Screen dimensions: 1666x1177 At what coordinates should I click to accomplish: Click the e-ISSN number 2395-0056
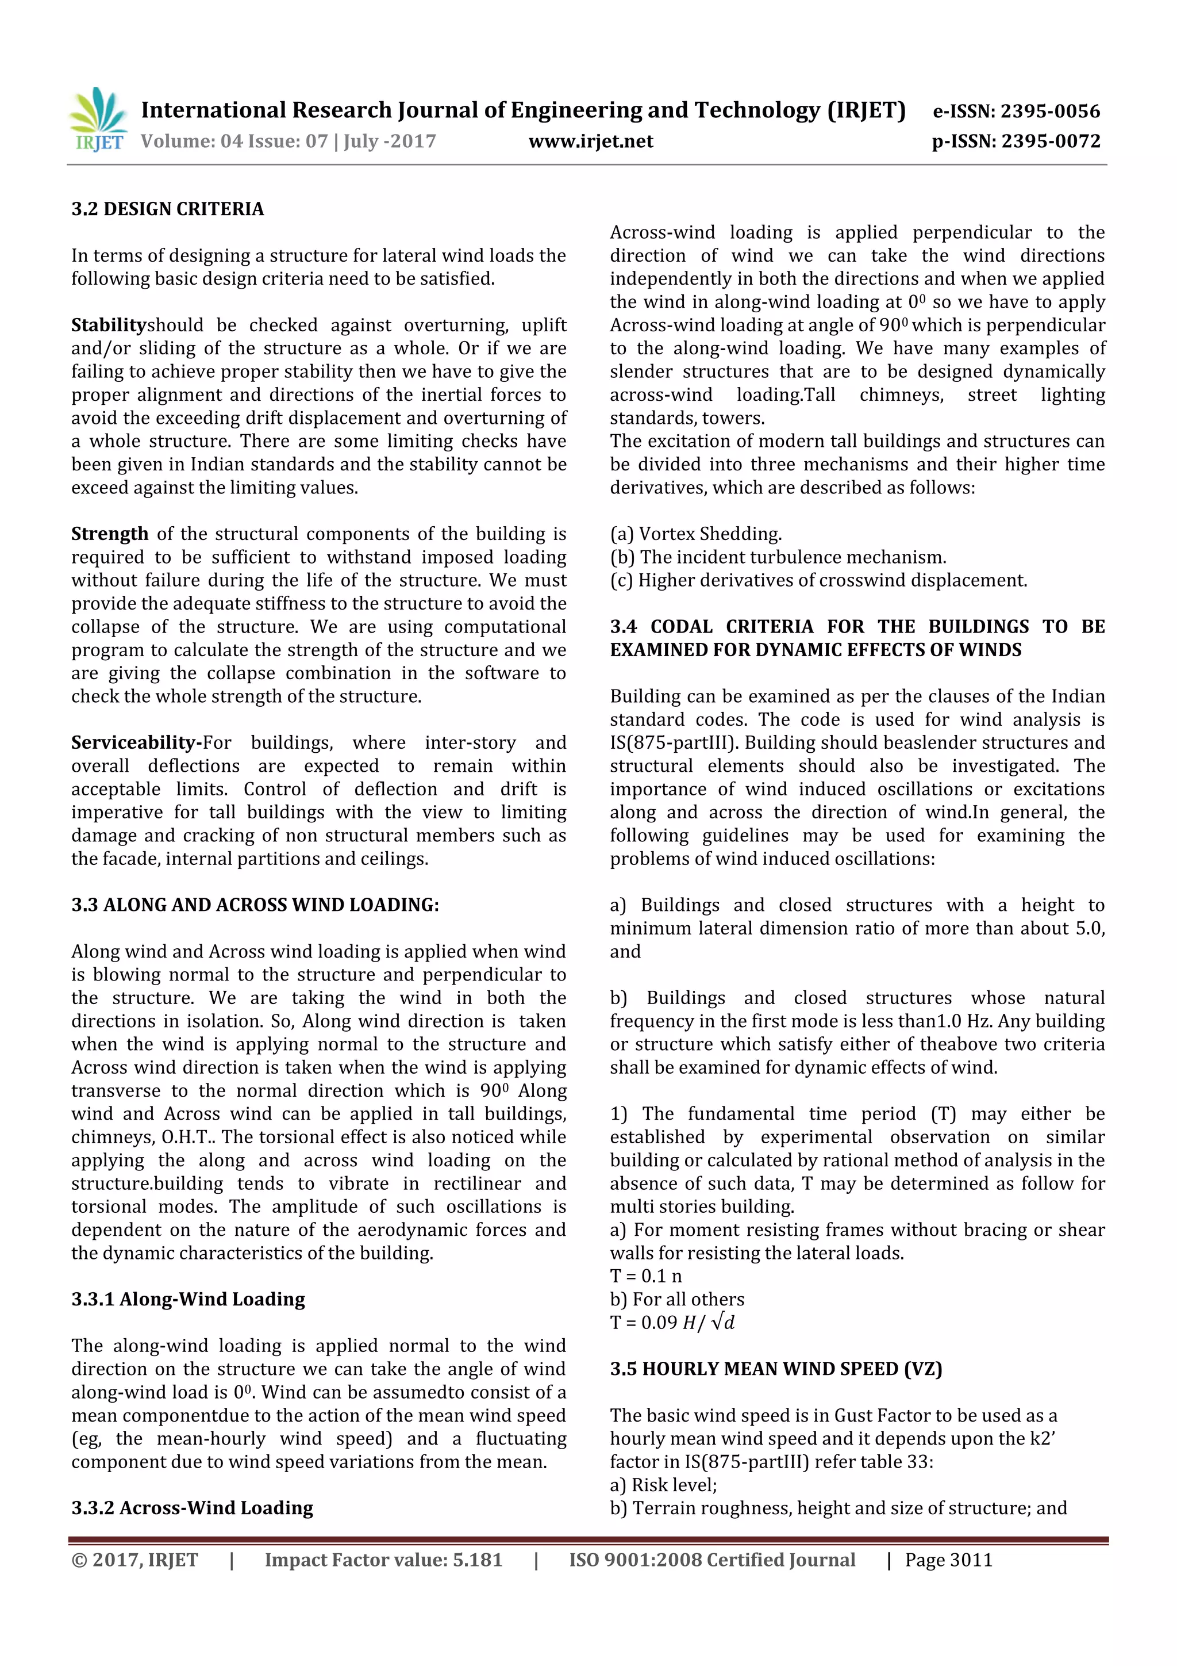1050,111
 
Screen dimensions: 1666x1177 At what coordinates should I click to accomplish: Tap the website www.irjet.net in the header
590,141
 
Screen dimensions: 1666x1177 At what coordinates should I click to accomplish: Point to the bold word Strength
110,534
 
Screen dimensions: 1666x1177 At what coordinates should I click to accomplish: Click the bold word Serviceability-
136,742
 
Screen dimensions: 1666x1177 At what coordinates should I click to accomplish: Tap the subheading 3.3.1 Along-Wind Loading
188,1299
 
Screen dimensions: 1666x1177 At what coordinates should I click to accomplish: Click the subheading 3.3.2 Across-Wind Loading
192,1508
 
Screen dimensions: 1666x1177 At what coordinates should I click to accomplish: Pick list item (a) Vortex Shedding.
695,534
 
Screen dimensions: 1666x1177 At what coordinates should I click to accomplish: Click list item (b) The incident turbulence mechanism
778,557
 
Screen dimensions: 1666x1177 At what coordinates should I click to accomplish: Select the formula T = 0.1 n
645,1276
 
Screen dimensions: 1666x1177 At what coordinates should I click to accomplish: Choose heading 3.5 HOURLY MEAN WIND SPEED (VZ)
775,1369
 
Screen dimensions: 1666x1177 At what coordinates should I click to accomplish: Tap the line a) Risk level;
663,1485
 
